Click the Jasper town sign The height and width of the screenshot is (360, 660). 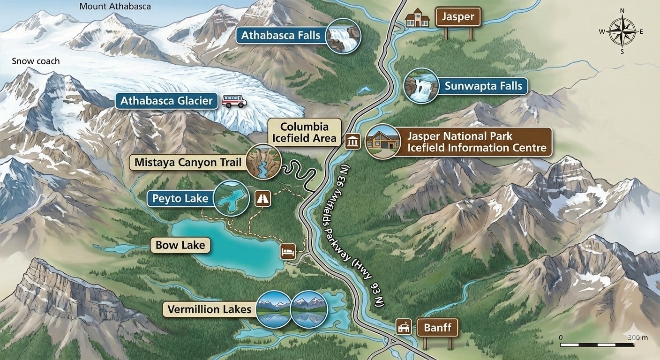click(x=458, y=18)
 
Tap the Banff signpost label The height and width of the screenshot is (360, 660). click(x=437, y=327)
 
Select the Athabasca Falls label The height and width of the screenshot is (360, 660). click(x=281, y=35)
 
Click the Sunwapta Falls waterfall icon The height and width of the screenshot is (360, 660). click(x=421, y=86)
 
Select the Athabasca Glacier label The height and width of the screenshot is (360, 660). click(x=166, y=101)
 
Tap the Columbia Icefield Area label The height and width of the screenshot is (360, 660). click(x=304, y=132)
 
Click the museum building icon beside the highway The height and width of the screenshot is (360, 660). click(x=352, y=141)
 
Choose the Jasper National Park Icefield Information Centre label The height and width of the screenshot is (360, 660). click(x=477, y=142)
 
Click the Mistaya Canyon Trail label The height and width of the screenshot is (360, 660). click(x=187, y=163)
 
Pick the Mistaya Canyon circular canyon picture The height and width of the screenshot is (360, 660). click(x=263, y=162)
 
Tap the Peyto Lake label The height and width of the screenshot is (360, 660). click(x=180, y=198)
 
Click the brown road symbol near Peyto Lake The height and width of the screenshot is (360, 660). click(x=262, y=198)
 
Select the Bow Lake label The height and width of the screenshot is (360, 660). click(x=180, y=245)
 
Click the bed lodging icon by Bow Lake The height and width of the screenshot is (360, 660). click(x=288, y=252)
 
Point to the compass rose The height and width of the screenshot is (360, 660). click(x=622, y=31)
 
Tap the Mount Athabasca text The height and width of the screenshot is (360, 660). click(x=115, y=7)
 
